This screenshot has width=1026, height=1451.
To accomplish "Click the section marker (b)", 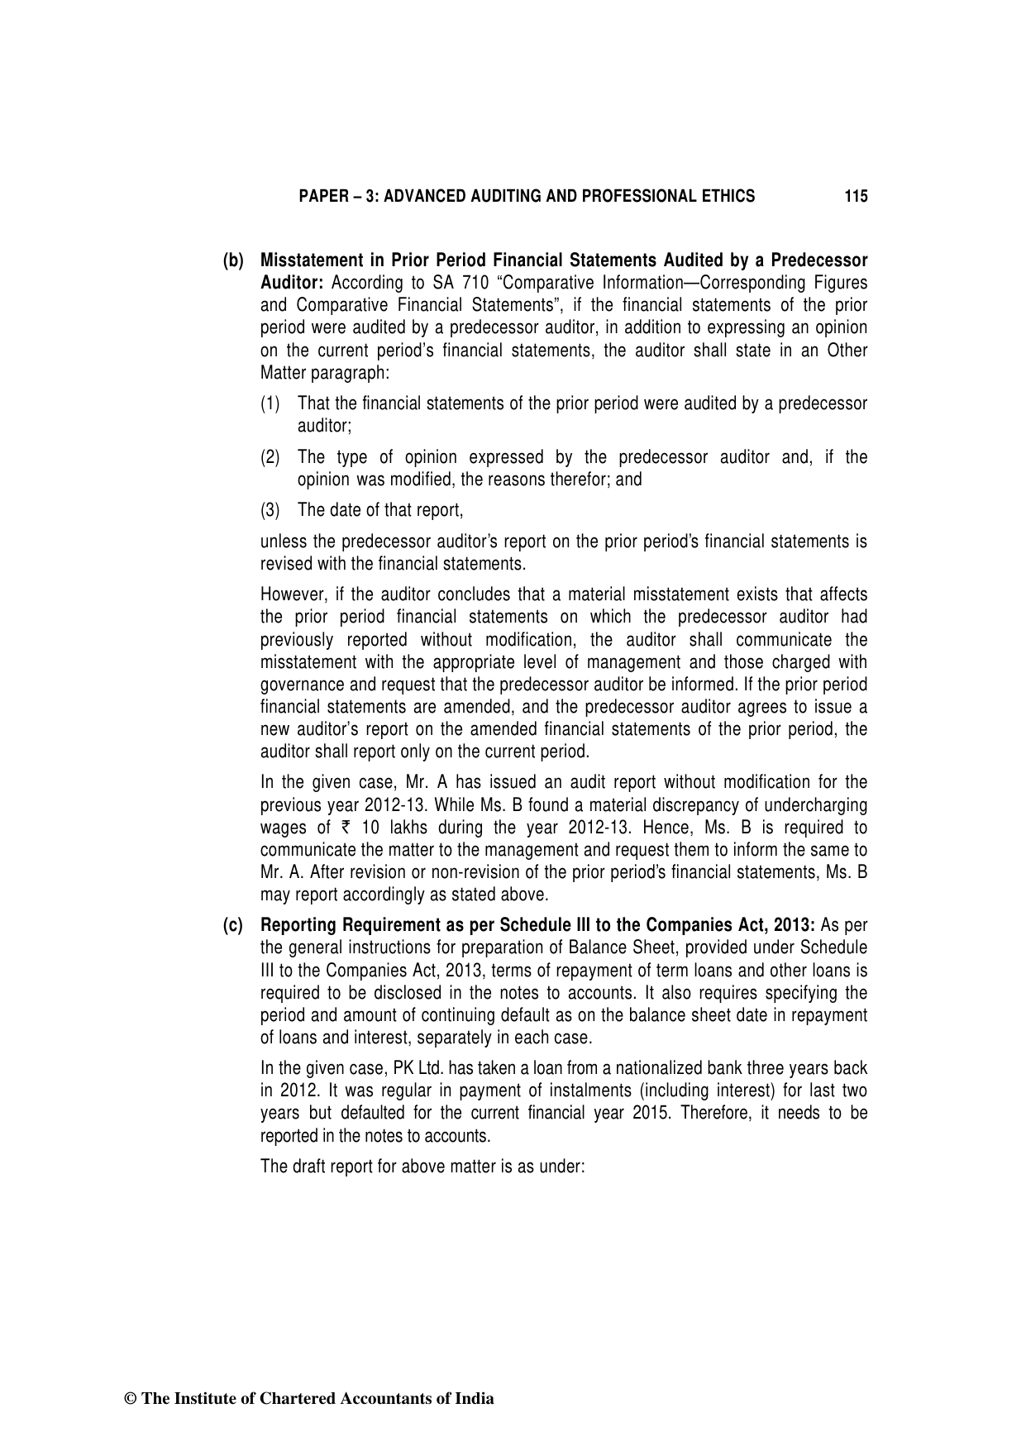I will (233, 261).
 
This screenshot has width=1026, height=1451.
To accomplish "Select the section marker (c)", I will (233, 925).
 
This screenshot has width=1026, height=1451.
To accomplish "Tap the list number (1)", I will (270, 404).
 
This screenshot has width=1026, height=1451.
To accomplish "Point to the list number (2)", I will (270, 457).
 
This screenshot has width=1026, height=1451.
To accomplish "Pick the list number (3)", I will (270, 510).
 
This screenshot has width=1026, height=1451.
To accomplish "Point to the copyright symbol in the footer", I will (129, 1400).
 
